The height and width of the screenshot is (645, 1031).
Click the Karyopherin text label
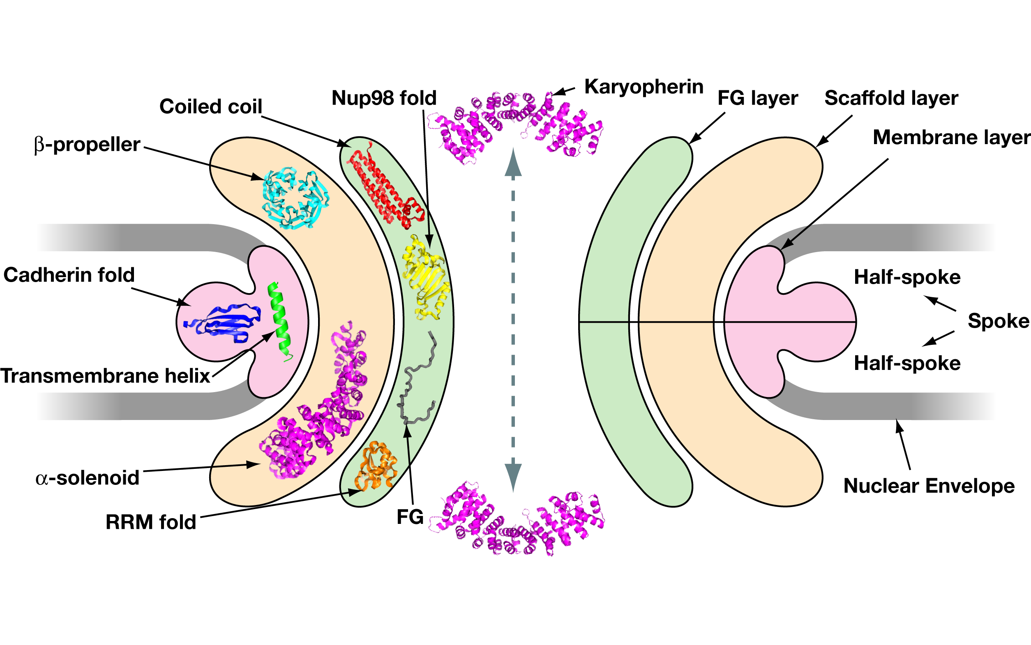point(644,87)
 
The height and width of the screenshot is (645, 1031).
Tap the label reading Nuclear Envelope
point(929,486)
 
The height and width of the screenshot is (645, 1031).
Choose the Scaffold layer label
point(891,98)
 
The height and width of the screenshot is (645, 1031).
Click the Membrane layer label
point(951,138)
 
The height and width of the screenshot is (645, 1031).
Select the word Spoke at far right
point(998,321)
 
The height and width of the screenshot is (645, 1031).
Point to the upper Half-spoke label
point(907,277)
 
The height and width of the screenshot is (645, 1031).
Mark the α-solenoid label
point(88,478)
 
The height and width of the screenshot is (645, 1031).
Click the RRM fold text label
point(151,522)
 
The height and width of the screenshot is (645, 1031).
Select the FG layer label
point(757,98)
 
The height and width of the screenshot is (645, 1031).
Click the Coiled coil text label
point(210,106)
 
